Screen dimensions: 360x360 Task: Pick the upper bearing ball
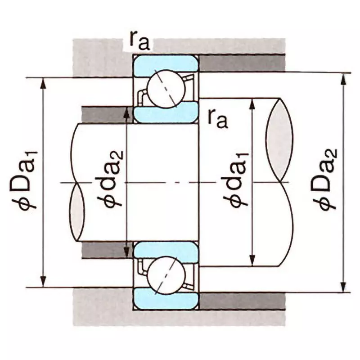tap(166, 89)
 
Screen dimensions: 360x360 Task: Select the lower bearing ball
tap(166, 275)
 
